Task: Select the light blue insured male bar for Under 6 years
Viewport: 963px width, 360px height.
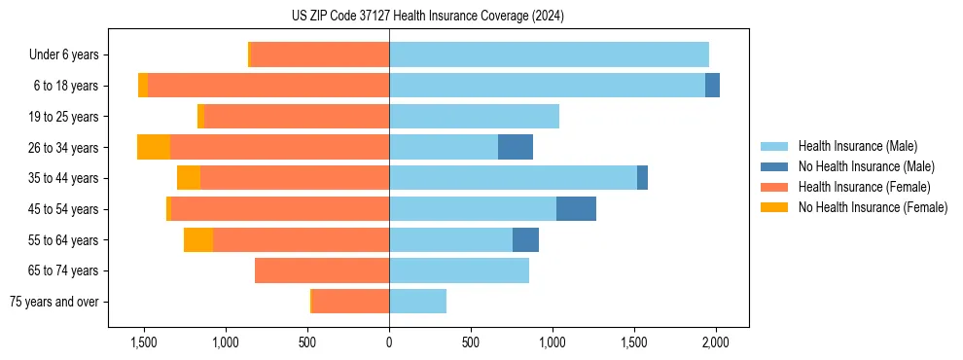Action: click(x=549, y=54)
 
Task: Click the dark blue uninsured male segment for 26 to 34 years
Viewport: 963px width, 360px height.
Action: click(x=516, y=147)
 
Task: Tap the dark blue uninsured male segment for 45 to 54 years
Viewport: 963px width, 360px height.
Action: click(x=576, y=209)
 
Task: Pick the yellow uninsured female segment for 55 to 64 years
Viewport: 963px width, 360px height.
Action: click(x=198, y=240)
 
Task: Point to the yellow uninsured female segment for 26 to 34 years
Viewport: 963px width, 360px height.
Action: click(x=154, y=147)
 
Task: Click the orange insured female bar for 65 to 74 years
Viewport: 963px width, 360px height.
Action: click(x=322, y=270)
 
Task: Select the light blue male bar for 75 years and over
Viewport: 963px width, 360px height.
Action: click(x=417, y=302)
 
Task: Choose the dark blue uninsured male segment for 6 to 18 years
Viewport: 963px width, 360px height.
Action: click(x=712, y=86)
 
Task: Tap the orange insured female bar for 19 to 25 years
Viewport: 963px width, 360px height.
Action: click(x=297, y=117)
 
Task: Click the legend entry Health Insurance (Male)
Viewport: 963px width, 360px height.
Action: click(x=857, y=146)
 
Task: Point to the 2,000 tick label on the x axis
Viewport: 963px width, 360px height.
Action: click(x=716, y=342)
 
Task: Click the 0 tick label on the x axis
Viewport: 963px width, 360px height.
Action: click(x=389, y=342)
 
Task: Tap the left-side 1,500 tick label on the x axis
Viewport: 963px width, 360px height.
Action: click(x=144, y=342)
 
